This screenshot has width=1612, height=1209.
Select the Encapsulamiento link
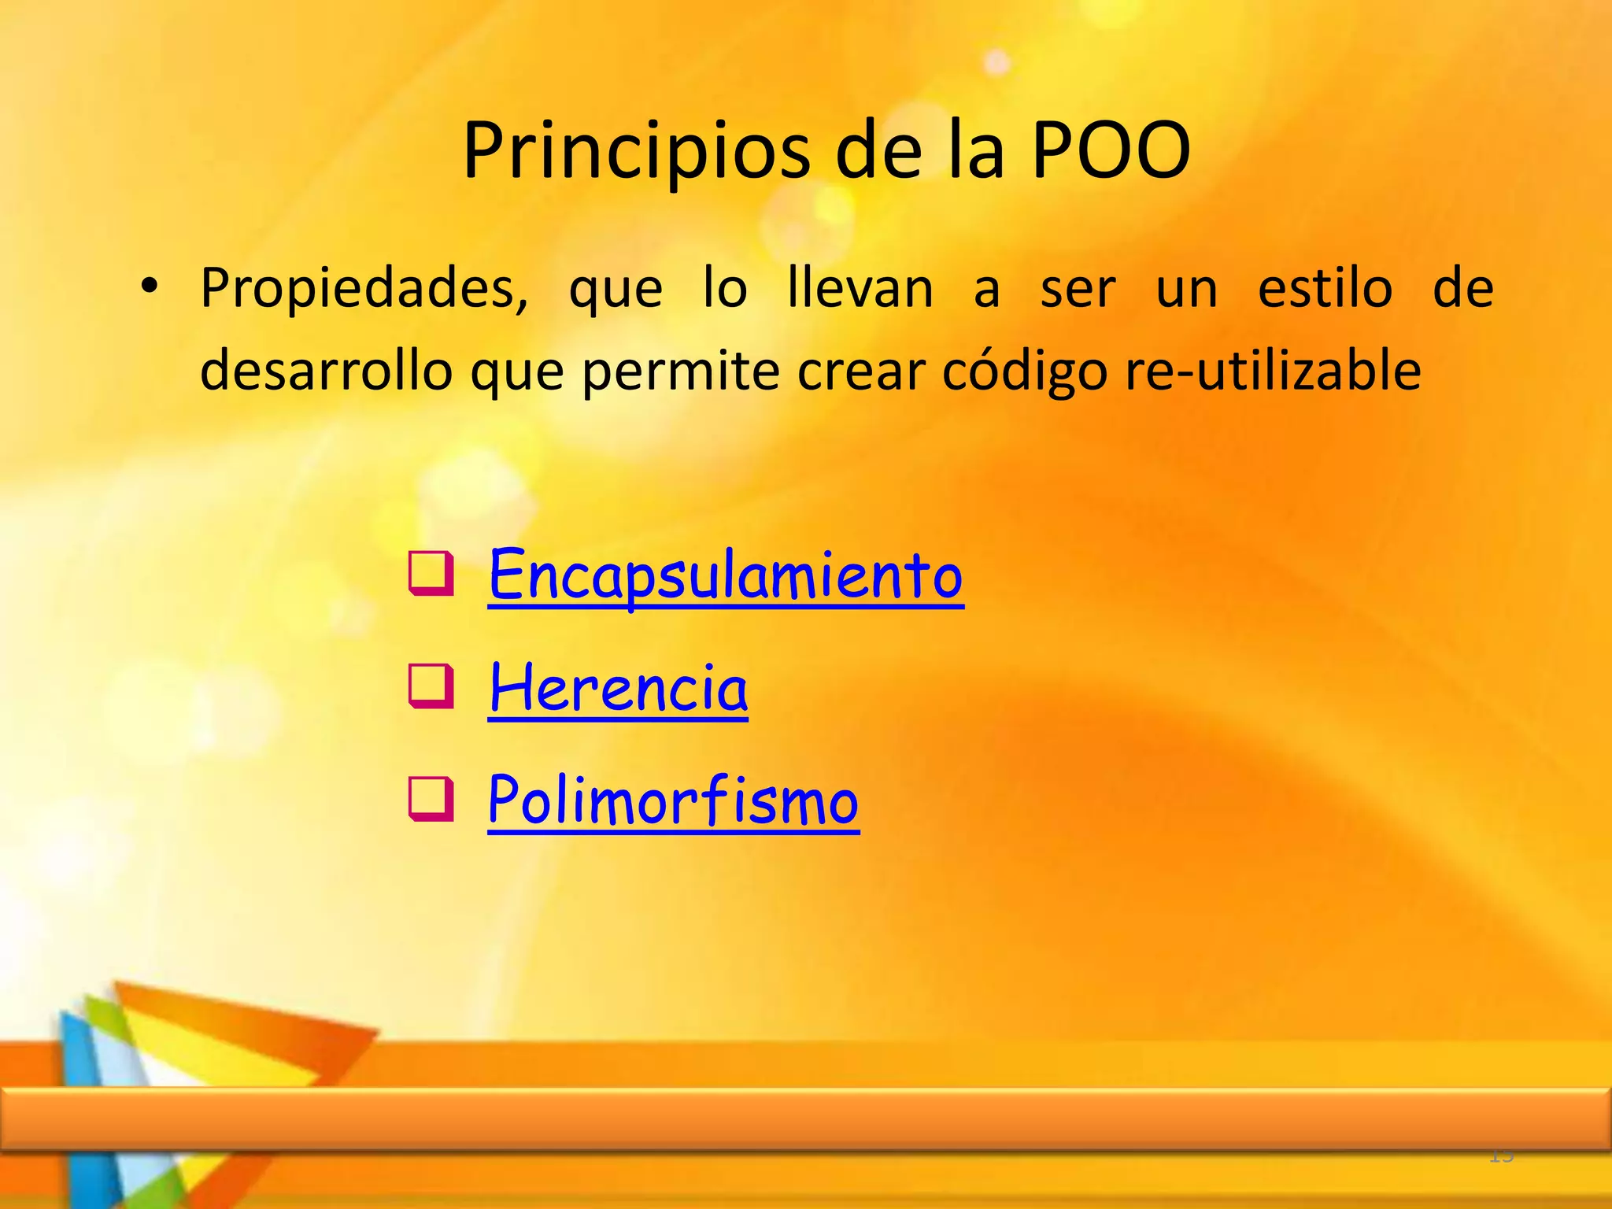point(725,576)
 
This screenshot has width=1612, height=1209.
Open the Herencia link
point(618,689)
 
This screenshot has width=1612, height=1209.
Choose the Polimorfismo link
point(673,800)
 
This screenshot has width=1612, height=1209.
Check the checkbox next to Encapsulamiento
point(431,574)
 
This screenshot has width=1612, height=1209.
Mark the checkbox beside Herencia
point(431,686)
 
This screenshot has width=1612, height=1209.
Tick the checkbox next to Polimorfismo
point(431,798)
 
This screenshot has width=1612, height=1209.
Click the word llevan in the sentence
point(860,288)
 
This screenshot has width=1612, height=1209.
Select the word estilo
point(1325,288)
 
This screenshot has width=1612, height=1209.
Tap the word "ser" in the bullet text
point(1078,290)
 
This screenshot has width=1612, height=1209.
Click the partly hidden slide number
point(1501,1156)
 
